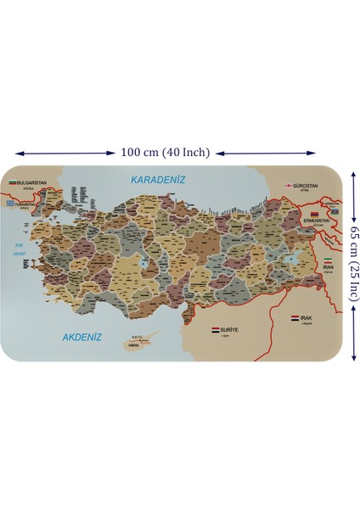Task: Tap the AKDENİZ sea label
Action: (83, 337)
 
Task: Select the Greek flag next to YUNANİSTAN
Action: (10, 204)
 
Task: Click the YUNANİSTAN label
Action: (26, 204)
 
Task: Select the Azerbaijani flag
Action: (335, 210)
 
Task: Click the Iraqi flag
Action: (294, 318)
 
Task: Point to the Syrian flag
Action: (214, 329)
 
